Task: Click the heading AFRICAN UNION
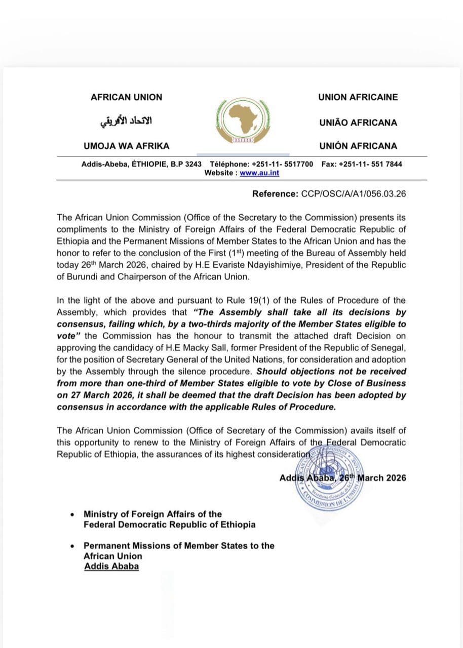[126, 97]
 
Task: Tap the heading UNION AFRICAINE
[358, 97]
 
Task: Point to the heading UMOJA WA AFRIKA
[126, 146]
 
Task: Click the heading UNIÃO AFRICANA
[358, 123]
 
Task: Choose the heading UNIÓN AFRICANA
[358, 146]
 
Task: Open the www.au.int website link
[259, 173]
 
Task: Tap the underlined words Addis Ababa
[111, 566]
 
